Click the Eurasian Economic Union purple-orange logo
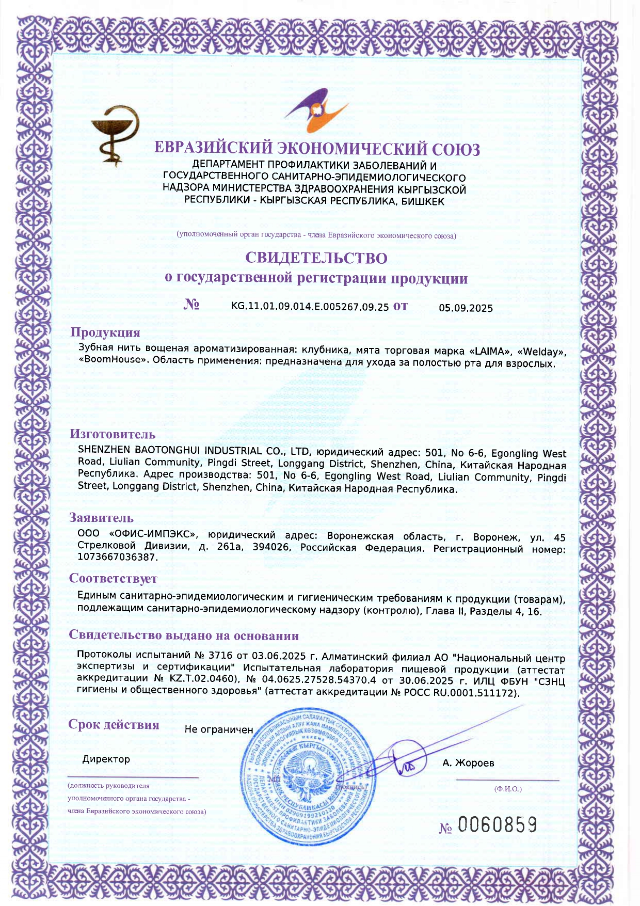[316, 110]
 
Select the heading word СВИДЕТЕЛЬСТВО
[316, 257]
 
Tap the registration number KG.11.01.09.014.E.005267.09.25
[310, 306]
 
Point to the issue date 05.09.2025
[466, 308]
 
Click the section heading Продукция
[105, 332]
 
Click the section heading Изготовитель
[113, 434]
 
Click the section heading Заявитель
[101, 518]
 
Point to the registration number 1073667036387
[117, 557]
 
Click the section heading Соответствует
[113, 578]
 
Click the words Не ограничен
[219, 729]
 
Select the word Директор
[106, 759]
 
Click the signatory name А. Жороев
[468, 762]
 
